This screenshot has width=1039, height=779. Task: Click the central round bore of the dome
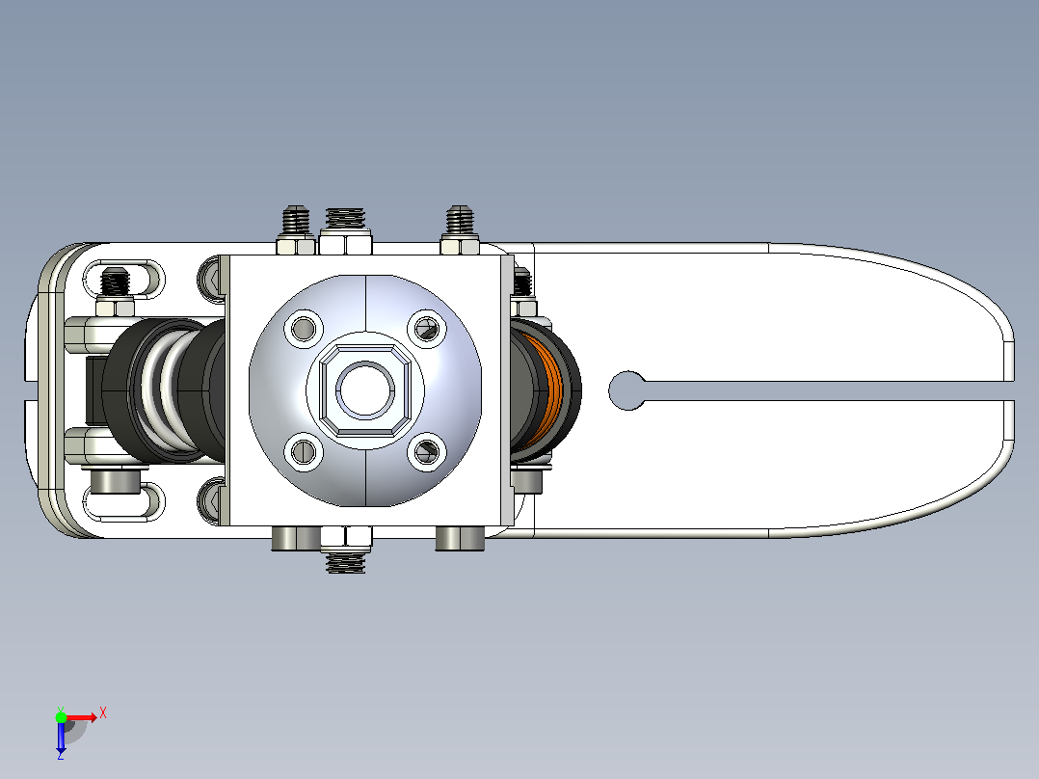365,389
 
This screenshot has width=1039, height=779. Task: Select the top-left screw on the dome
304,328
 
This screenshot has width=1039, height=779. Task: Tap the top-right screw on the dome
426,328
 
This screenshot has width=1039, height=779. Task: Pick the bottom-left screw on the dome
304,451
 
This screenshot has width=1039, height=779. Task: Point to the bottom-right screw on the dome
426,451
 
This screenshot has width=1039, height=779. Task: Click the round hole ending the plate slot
626,390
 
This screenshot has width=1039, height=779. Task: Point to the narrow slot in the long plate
828,390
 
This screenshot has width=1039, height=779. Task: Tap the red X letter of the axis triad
103,713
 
